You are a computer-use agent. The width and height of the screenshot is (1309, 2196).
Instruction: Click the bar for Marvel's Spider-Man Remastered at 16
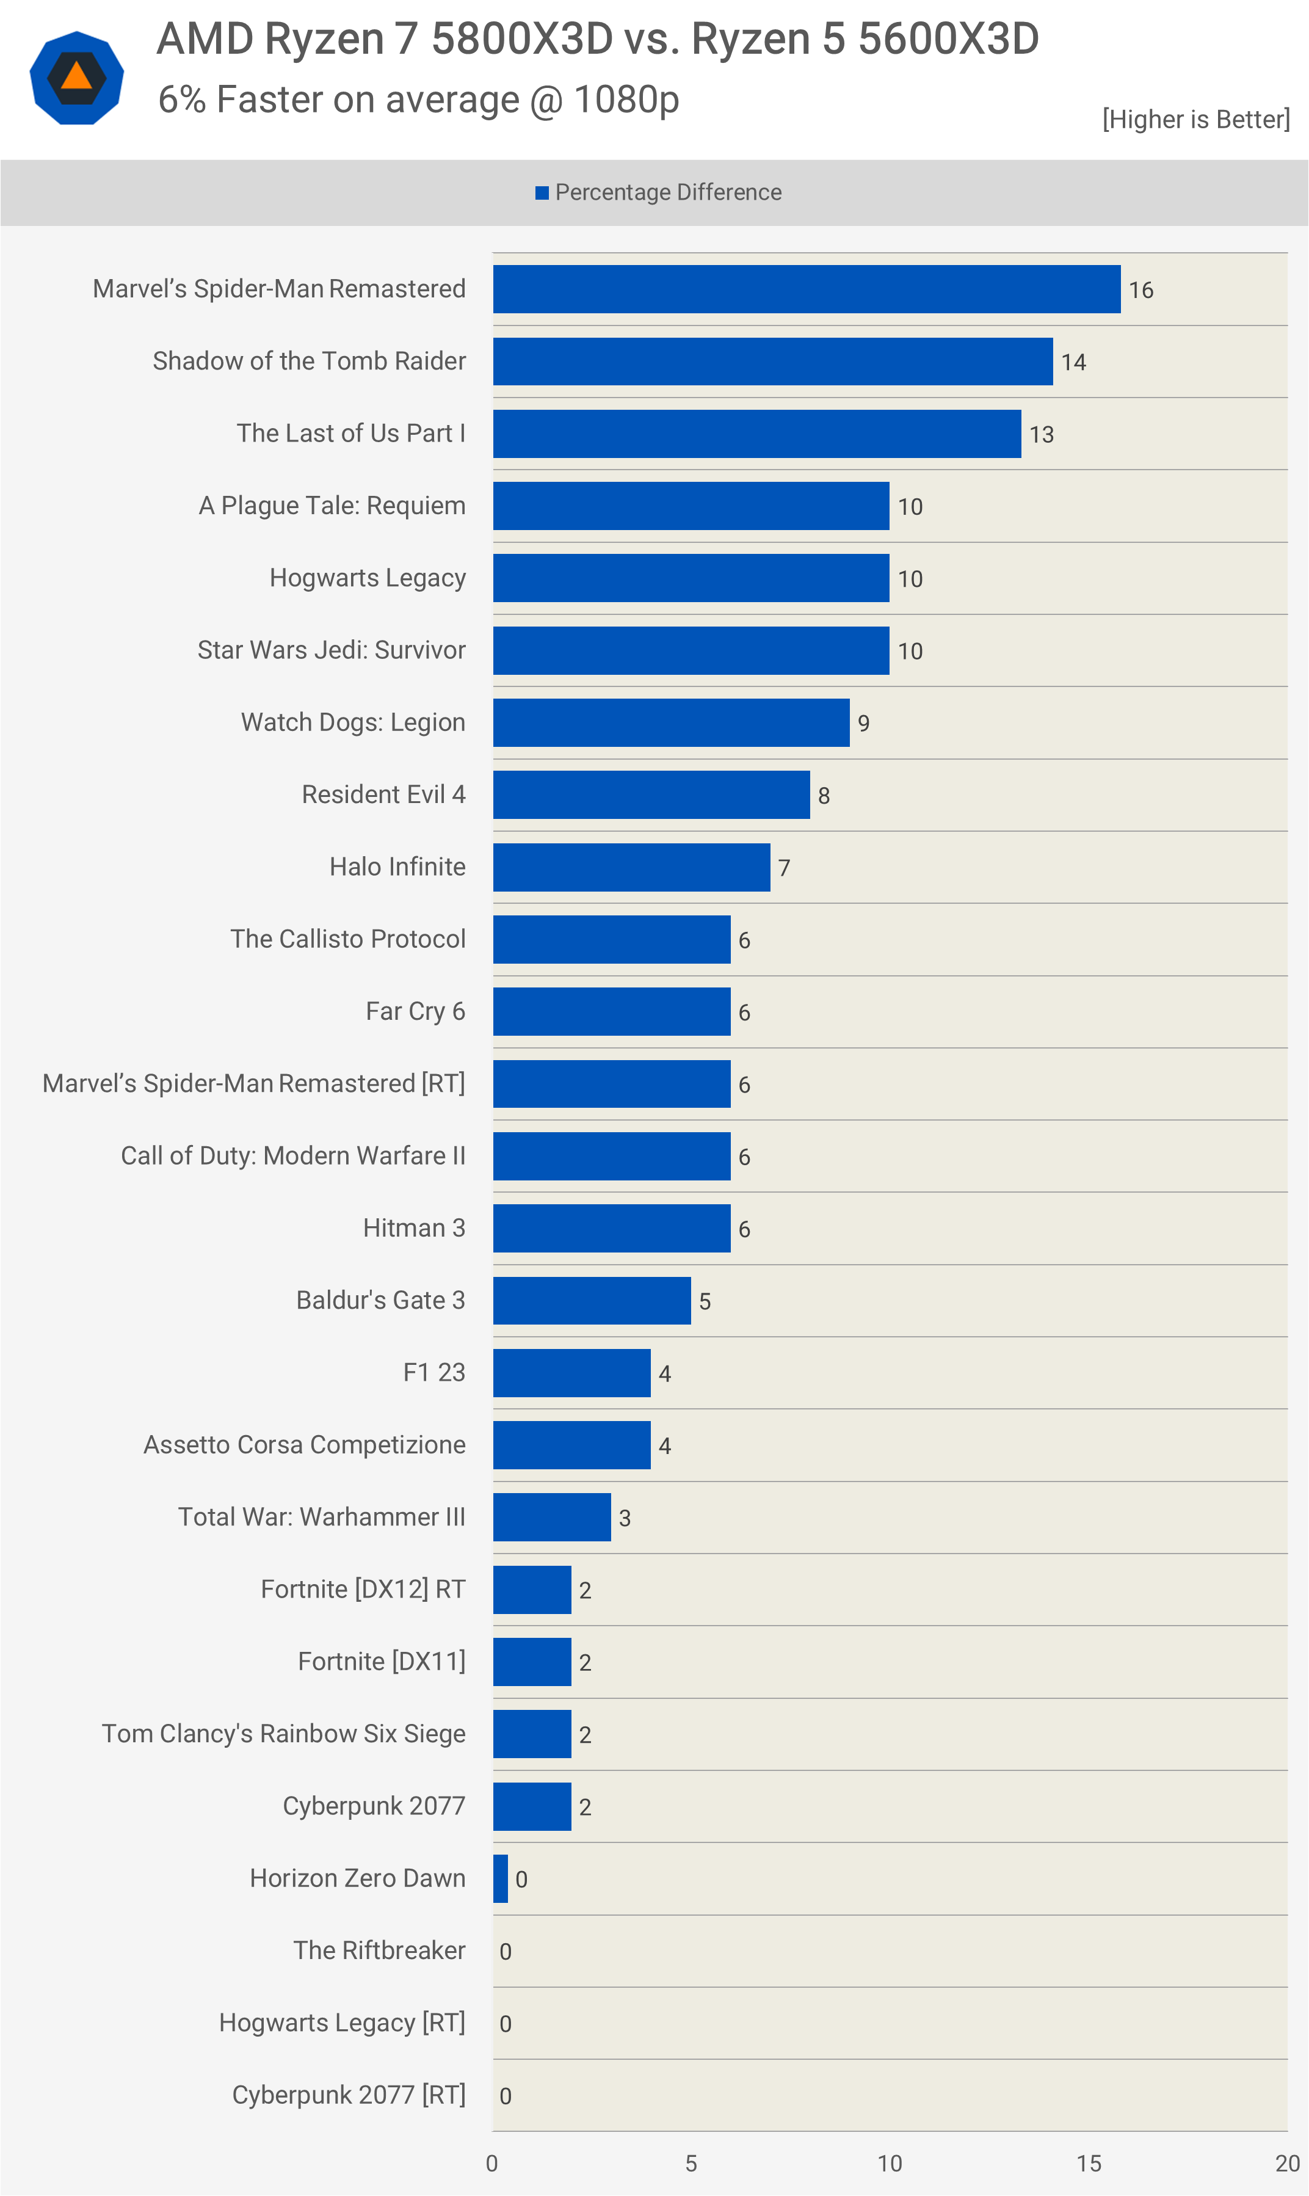tap(806, 289)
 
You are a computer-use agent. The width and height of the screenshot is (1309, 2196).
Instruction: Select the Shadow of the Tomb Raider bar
tap(773, 362)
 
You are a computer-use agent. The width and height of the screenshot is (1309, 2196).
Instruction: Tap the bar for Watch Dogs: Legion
tap(671, 722)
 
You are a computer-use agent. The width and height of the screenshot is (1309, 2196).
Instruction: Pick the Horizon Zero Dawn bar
tap(500, 1878)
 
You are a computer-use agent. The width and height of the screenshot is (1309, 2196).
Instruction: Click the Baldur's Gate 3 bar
tap(592, 1301)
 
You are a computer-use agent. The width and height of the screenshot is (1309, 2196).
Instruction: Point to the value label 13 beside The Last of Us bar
tap(1042, 435)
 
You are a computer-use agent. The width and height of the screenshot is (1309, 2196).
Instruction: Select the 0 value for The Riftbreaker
tap(506, 1952)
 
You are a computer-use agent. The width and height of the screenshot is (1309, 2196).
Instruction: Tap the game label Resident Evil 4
tap(383, 794)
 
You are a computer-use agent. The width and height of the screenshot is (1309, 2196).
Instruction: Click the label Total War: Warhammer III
tap(322, 1517)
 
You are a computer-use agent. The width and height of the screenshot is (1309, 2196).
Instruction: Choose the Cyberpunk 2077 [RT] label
tap(349, 2095)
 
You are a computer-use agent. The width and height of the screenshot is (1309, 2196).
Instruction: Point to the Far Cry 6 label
tap(415, 1011)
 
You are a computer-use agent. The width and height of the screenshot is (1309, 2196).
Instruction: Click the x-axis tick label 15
tap(1089, 2164)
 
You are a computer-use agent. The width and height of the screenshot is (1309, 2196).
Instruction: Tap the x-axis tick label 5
tap(691, 2164)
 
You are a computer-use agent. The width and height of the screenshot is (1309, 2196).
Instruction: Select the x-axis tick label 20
tap(1287, 2164)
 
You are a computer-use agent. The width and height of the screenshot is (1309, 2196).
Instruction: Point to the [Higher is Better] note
tap(1195, 119)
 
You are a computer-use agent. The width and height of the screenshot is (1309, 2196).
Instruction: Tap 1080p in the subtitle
tap(626, 100)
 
